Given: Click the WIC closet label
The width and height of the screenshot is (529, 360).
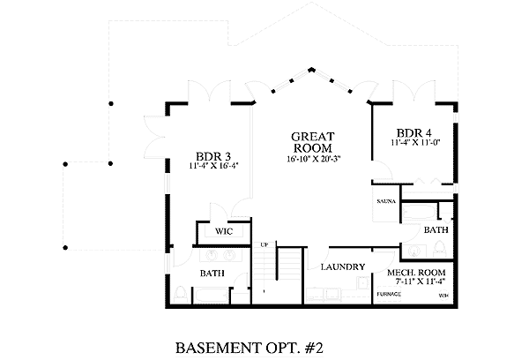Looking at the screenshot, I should [223, 231].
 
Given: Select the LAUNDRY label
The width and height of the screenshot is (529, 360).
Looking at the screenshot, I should [343, 266].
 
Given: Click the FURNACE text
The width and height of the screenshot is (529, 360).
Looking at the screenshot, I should [389, 294].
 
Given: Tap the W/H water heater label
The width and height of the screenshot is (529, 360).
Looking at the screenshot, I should [443, 295].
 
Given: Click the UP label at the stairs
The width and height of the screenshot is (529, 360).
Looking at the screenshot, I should [264, 244].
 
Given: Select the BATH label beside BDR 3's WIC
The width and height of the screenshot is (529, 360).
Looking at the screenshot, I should [212, 274].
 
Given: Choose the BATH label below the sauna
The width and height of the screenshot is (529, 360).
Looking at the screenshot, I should [436, 229].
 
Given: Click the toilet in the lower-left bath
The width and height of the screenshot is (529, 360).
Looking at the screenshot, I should [179, 292].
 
